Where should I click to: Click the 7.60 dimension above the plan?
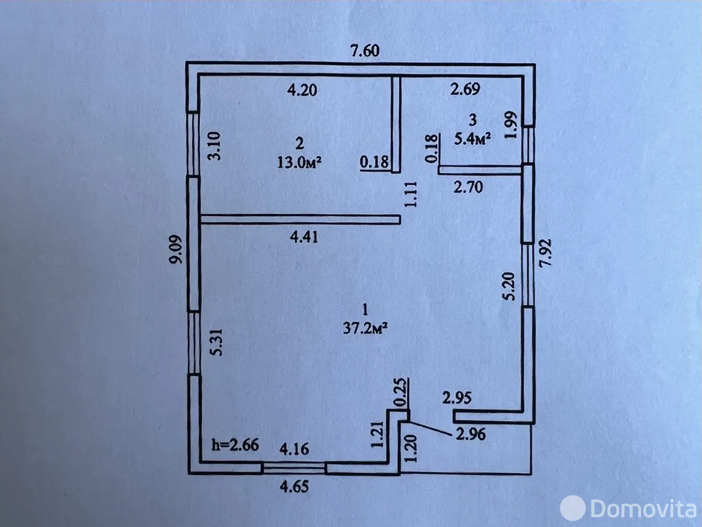pos(365,51)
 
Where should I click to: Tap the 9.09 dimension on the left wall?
pos(176,249)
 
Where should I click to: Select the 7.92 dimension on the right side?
pos(545,253)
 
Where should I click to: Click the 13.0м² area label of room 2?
pos(299,162)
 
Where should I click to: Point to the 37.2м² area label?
pos(365,328)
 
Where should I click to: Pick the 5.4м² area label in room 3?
pos(473,139)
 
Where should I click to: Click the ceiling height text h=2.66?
pos(235,445)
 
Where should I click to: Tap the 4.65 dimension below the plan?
pos(294,487)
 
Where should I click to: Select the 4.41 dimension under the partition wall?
pos(304,237)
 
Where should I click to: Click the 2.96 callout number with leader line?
pos(471,434)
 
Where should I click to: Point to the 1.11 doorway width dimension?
pos(411,194)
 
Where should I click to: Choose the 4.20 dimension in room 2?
pos(302,90)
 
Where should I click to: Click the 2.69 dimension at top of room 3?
pos(465,89)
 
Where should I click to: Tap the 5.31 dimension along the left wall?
pos(216,343)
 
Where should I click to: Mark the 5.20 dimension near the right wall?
pos(509,287)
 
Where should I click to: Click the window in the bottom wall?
pos(293,468)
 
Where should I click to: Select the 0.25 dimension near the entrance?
pos(401,393)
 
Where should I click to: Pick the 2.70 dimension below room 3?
pos(468,187)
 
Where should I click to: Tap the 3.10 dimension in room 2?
pos(214,146)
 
